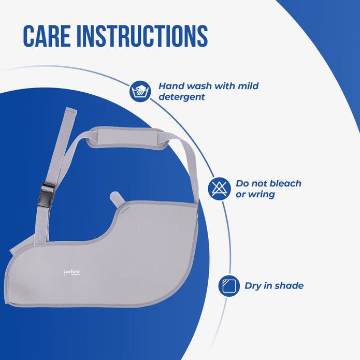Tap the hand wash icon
(x=140, y=91)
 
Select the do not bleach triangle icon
(x=219, y=189)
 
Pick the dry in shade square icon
(x=228, y=285)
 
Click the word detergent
(x=181, y=97)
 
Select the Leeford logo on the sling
(x=71, y=271)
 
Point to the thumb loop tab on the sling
(x=118, y=199)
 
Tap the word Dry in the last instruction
(x=254, y=285)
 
